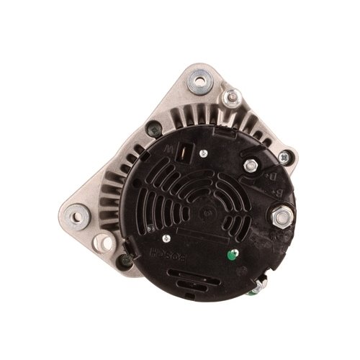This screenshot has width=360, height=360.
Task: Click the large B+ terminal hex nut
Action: [283, 214]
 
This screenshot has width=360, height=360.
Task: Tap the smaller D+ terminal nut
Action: [251, 166]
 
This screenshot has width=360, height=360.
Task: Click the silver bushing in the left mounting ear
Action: [77, 215]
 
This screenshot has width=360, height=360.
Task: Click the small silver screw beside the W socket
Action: [204, 153]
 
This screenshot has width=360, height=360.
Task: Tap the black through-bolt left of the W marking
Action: [152, 131]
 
